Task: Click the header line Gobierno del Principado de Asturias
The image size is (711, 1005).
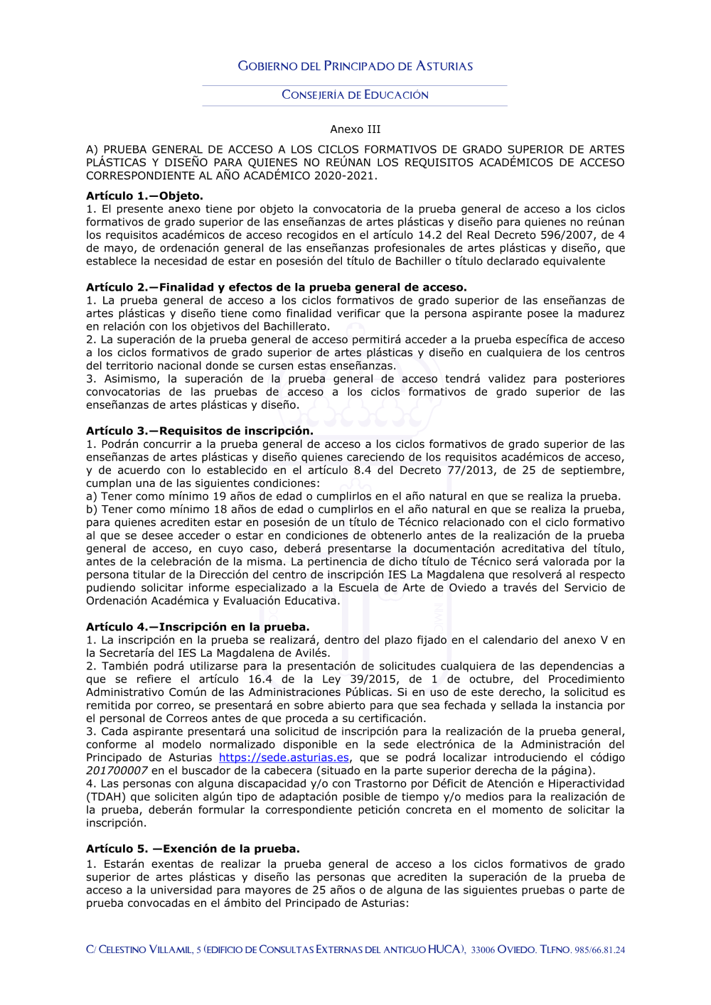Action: [355, 66]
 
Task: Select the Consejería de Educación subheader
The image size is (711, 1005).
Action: [355, 95]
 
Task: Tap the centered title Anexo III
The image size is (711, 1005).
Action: [355, 129]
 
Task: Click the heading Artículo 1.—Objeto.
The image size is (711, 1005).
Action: [144, 196]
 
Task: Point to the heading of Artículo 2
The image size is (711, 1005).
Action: [276, 288]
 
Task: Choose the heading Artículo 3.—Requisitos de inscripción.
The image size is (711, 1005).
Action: [199, 431]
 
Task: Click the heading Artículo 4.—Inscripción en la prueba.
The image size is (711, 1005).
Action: [198, 628]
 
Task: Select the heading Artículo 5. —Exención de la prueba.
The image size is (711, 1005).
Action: [193, 849]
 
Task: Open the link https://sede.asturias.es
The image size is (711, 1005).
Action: [284, 758]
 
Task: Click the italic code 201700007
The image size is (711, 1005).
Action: [117, 771]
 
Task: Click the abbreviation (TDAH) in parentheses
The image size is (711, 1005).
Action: [105, 797]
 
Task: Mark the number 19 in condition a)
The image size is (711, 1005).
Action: [219, 497]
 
